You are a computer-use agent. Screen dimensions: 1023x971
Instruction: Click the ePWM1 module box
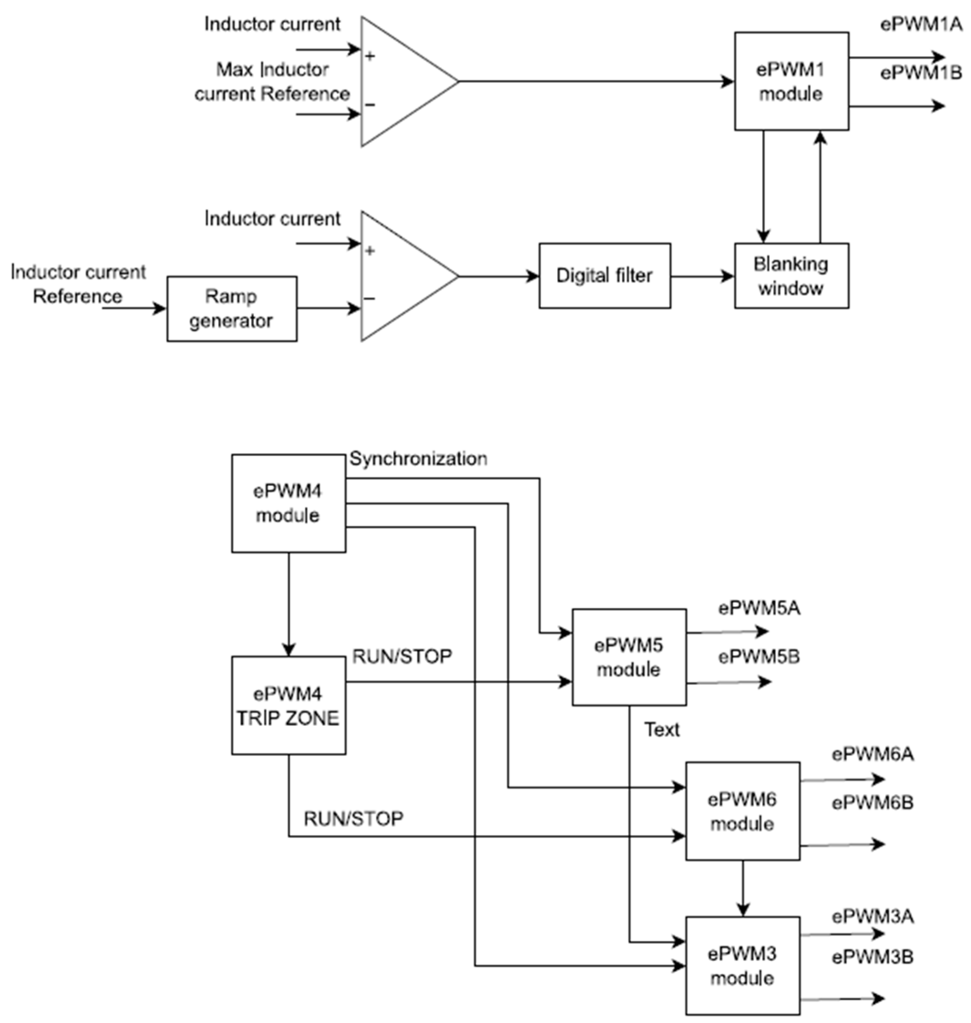[791, 81]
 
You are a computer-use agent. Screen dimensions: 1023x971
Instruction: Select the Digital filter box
[604, 276]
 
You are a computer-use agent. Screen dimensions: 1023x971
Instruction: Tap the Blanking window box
[791, 276]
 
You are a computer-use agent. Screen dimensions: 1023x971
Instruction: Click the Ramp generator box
[231, 308]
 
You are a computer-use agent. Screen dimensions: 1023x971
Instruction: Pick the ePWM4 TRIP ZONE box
[288, 705]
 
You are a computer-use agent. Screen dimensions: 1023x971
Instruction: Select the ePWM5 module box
[629, 657]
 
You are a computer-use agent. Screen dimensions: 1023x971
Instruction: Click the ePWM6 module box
[742, 811]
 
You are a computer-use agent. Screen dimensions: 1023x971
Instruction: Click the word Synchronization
[418, 459]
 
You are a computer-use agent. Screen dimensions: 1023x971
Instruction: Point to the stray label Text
[661, 730]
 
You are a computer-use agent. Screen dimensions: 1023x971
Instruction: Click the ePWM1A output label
[921, 24]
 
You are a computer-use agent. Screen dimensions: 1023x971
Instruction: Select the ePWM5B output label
[759, 657]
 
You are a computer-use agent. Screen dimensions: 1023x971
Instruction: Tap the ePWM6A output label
[873, 754]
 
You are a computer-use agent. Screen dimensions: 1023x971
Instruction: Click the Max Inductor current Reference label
[272, 82]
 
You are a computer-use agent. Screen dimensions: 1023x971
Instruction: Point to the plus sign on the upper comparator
[369, 56]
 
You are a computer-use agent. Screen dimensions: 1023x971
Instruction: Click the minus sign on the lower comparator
[369, 298]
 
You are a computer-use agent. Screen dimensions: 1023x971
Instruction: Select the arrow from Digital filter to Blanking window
[702, 276]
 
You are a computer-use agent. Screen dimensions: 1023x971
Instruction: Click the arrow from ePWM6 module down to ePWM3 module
[743, 888]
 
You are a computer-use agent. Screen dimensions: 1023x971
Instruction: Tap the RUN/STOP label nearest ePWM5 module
[402, 656]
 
